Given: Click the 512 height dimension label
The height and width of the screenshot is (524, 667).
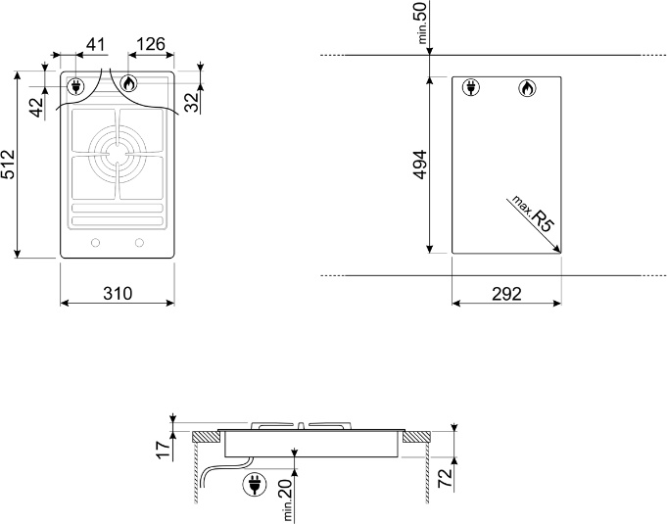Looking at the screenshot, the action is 9,165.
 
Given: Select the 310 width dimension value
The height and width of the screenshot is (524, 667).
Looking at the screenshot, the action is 118,294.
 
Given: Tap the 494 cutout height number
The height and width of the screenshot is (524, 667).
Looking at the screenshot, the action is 420,165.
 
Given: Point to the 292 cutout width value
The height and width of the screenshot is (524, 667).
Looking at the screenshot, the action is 506,294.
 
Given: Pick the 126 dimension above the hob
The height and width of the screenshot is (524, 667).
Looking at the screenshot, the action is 151,44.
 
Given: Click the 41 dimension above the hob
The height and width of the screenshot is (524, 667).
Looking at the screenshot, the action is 95,44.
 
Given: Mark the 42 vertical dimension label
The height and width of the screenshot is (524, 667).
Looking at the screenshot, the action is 37,107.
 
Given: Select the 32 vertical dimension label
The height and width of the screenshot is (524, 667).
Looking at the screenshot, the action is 192,102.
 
